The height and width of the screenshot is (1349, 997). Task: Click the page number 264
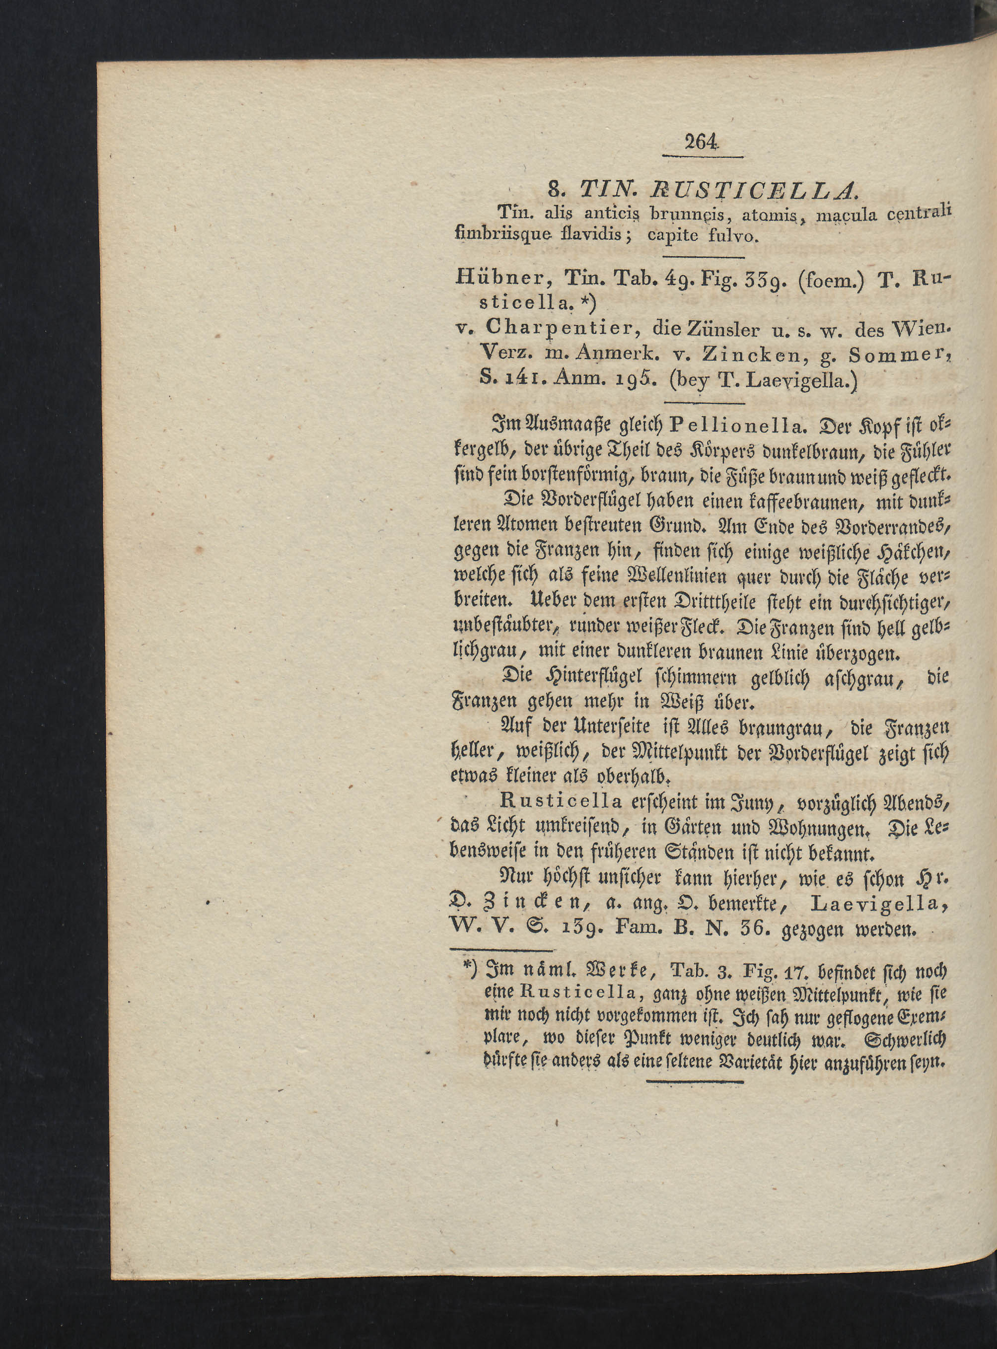702,142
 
